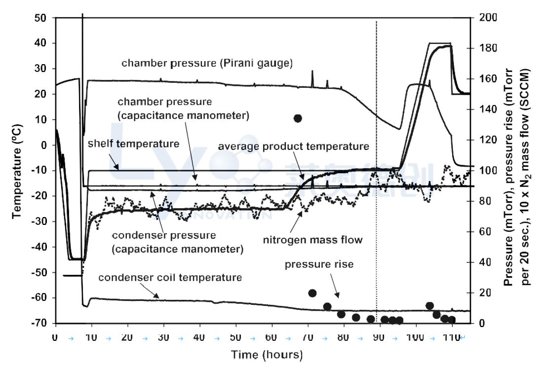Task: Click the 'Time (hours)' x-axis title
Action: click(267, 355)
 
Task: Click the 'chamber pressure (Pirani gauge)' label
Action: click(207, 63)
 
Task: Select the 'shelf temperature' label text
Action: click(133, 144)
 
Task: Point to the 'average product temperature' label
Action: click(293, 147)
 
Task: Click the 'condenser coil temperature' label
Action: click(170, 277)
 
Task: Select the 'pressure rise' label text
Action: click(319, 264)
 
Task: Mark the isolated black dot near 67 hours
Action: click(298, 118)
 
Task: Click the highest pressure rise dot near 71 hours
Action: click(312, 293)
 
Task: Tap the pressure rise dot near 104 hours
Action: click(430, 306)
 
